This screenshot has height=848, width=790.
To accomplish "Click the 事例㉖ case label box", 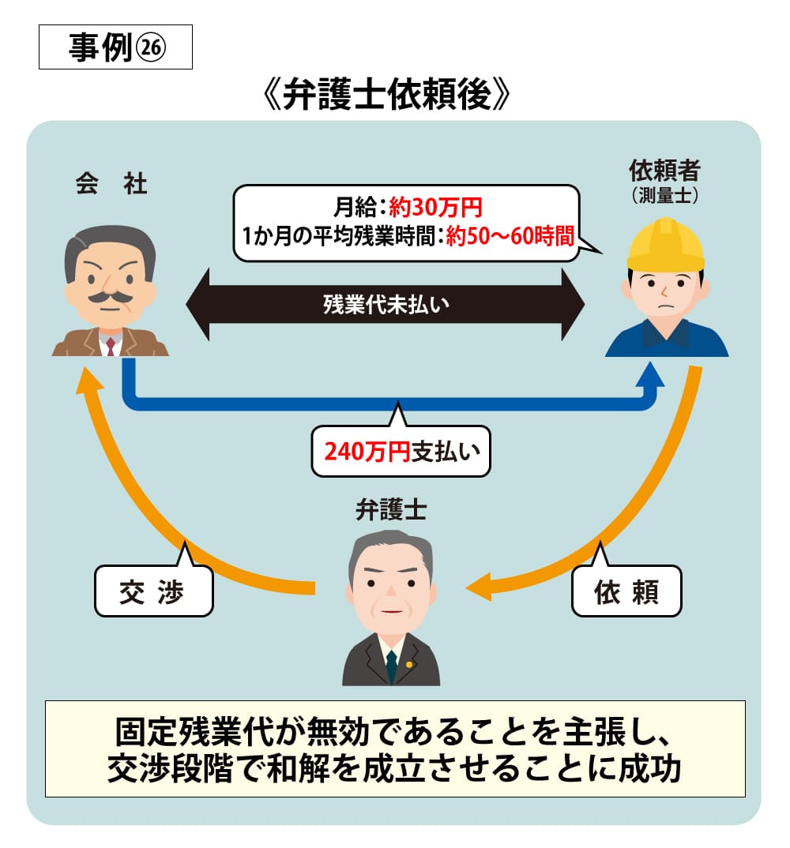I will click(115, 49).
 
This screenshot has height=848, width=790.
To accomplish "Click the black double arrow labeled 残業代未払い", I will click(386, 305).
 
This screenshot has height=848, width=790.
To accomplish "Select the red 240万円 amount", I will click(367, 452).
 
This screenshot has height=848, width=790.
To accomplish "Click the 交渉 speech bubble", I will click(153, 591).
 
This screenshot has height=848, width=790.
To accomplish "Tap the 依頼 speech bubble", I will click(626, 591).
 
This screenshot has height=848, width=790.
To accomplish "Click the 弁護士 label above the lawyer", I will click(391, 511).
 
